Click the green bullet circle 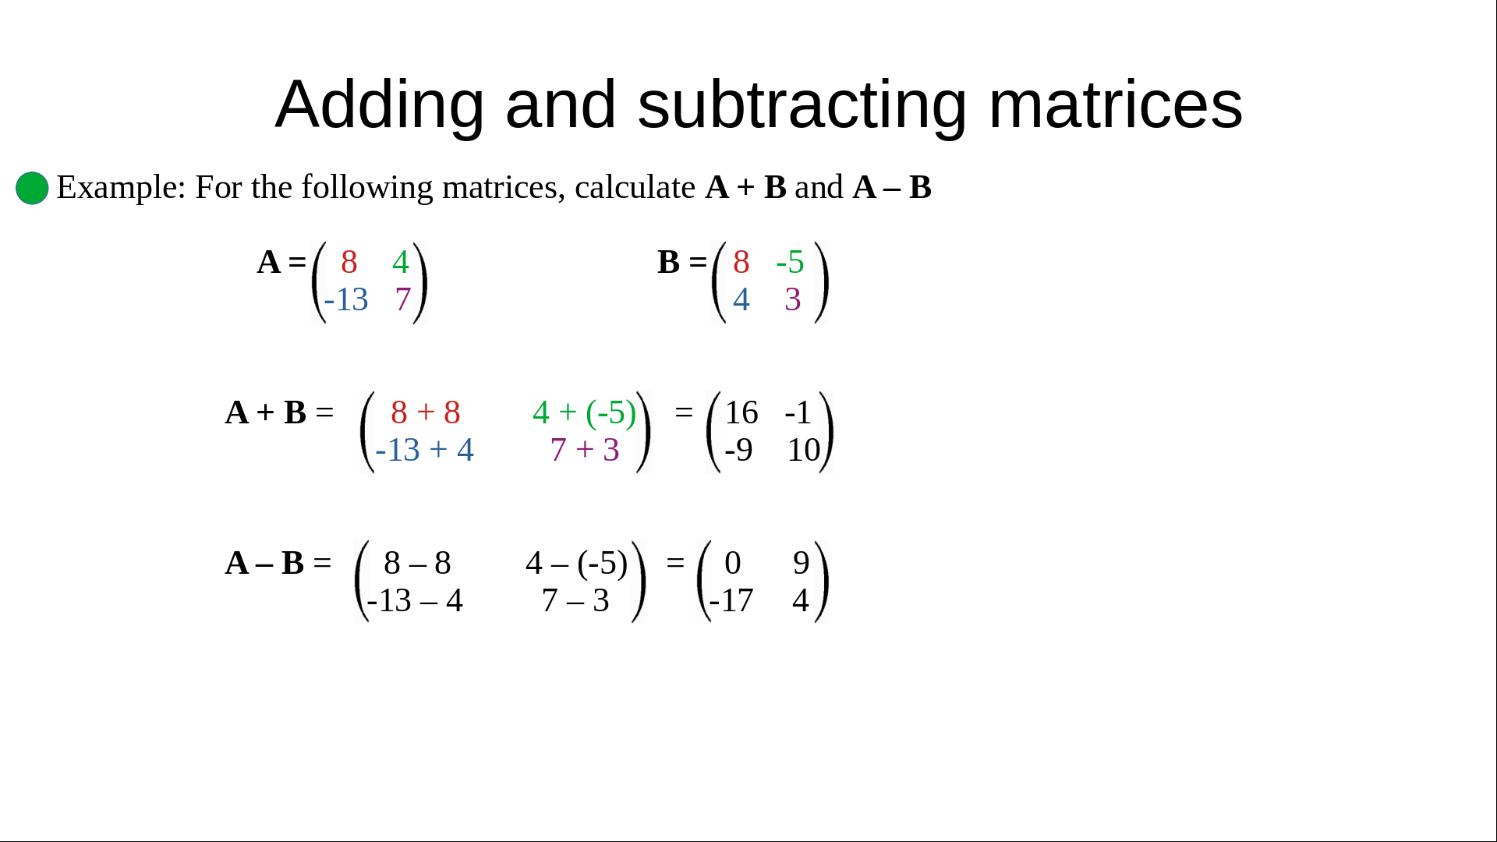32,188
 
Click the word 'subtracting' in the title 802,104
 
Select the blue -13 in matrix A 346,299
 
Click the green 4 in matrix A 401,262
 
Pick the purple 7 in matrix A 403,299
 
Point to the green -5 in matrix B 790,262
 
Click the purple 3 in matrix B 793,299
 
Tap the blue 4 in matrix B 741,299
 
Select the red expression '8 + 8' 426,412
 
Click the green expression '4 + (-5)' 585,412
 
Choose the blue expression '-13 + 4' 425,450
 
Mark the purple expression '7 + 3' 585,450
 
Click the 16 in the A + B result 741,412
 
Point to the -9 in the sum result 739,450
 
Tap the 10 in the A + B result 804,450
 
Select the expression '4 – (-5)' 577,563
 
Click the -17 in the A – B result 731,600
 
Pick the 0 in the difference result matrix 733,563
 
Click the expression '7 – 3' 575,600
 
